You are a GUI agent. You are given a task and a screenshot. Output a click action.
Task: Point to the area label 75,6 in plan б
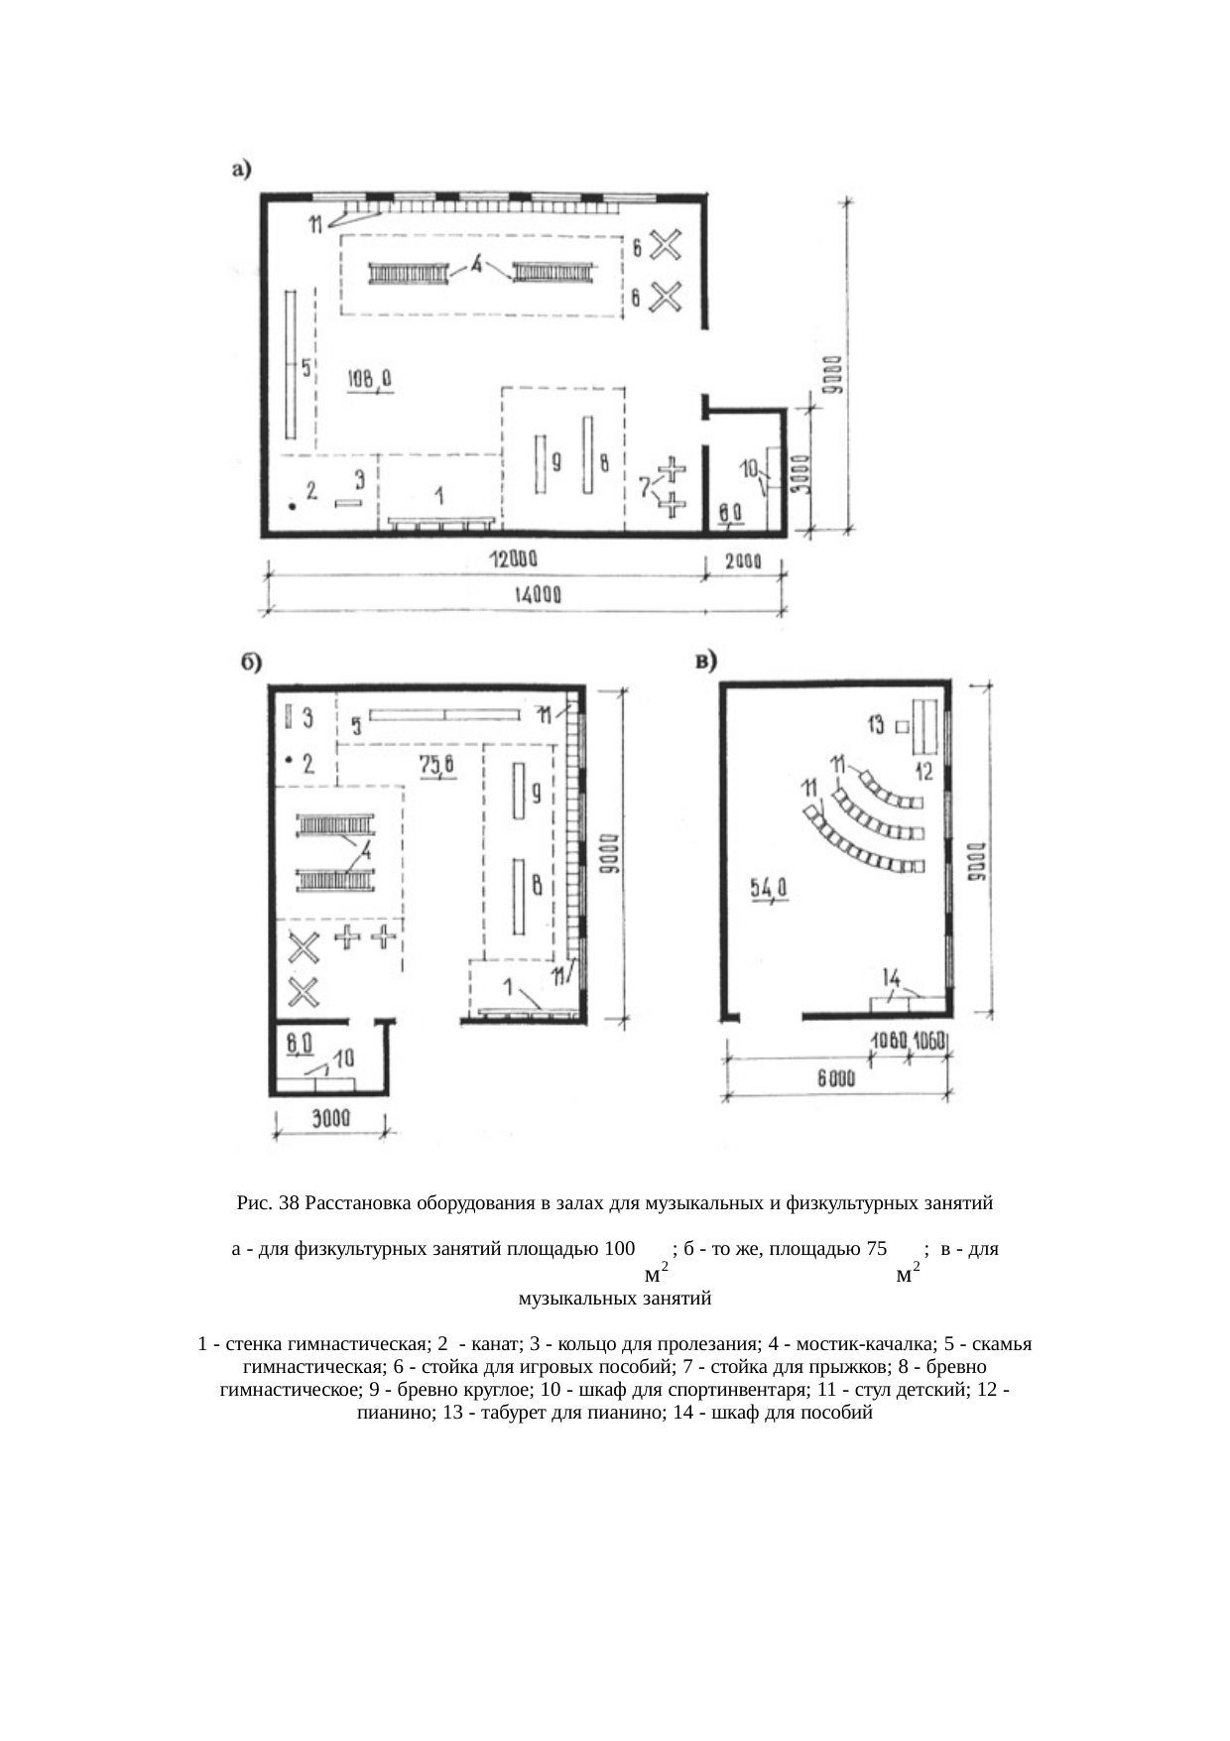[x=436, y=764]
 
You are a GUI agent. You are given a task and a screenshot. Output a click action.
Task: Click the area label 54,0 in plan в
[x=769, y=890]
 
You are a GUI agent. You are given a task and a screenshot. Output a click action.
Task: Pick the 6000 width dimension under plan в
[x=836, y=1080]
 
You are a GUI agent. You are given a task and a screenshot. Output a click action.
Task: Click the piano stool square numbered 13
[x=903, y=727]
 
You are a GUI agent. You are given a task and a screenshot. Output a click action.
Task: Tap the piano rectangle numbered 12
[x=925, y=726]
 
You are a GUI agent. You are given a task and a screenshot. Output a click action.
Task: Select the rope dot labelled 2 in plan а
[x=293, y=507]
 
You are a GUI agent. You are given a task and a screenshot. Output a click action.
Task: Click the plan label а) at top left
[x=241, y=170]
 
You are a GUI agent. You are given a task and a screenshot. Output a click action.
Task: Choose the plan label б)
[x=254, y=663]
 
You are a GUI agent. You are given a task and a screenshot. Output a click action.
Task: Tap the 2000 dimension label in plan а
[x=743, y=560]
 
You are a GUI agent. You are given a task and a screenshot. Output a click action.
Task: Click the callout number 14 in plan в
[x=892, y=976]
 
